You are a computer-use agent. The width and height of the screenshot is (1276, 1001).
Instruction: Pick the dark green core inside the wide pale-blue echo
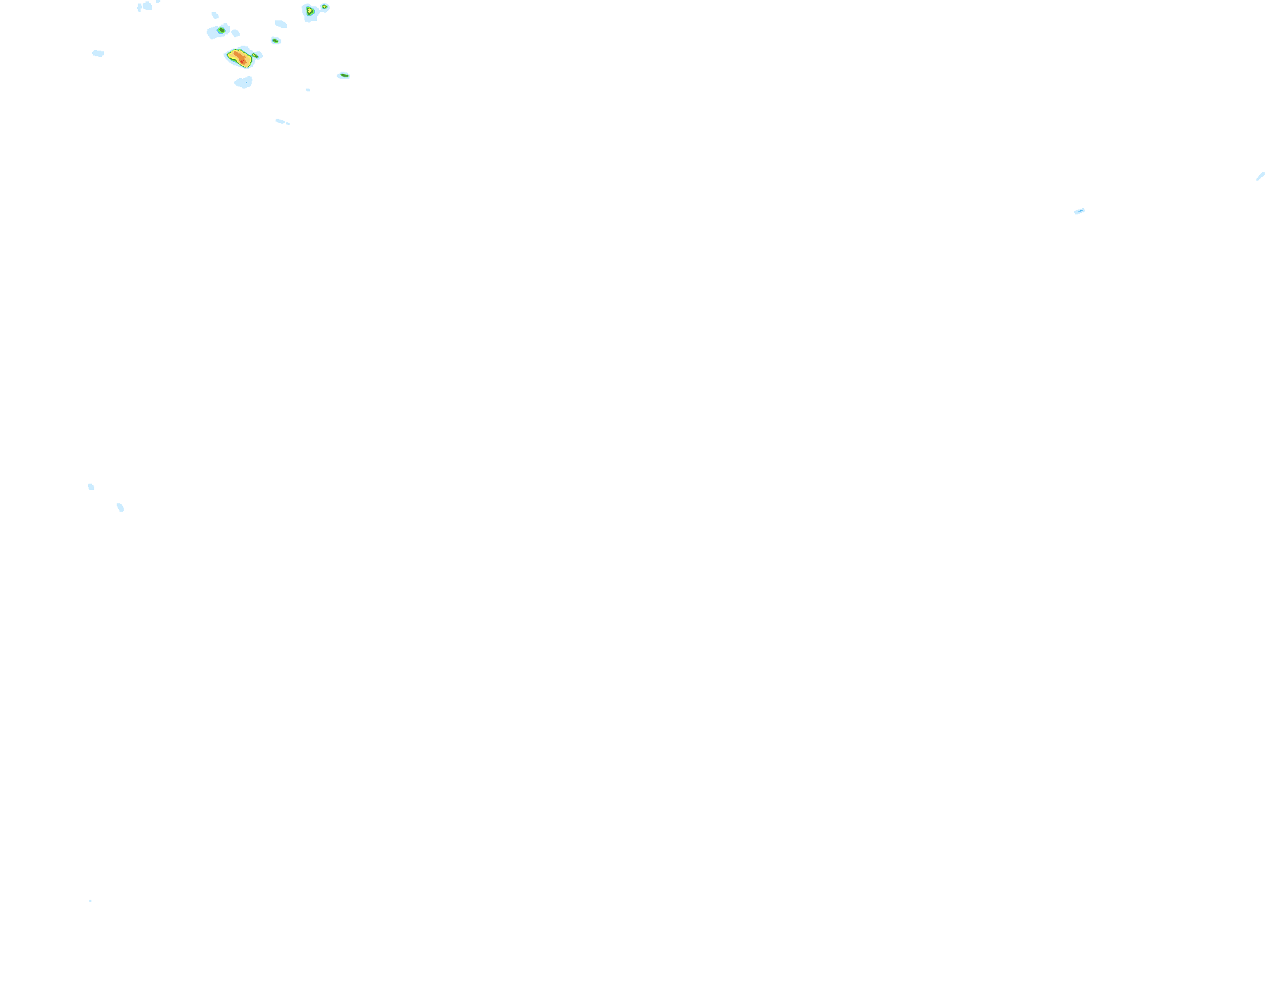(x=221, y=30)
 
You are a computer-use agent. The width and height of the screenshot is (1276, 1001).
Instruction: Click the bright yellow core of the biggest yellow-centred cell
(x=309, y=11)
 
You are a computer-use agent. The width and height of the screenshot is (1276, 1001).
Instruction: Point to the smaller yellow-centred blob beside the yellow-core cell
(x=325, y=7)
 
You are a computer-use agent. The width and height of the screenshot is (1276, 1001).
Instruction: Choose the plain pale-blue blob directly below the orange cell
(x=243, y=83)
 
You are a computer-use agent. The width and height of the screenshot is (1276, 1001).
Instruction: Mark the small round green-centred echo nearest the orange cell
(x=276, y=41)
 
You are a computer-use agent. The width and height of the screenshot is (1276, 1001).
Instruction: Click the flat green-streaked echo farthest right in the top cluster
(x=344, y=75)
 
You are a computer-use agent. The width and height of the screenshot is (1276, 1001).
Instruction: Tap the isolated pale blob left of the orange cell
(x=98, y=53)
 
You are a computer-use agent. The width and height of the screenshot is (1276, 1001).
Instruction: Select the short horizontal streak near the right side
(x=1079, y=211)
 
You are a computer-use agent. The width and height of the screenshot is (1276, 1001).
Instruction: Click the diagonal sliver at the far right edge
(x=1261, y=176)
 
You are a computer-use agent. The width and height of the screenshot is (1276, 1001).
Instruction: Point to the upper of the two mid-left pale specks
(x=91, y=486)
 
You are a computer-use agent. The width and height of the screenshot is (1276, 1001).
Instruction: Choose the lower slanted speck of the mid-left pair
(x=120, y=508)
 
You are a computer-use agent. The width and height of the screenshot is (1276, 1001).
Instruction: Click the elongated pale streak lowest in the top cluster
(x=281, y=122)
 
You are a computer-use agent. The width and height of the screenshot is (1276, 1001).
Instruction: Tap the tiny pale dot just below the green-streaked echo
(x=308, y=90)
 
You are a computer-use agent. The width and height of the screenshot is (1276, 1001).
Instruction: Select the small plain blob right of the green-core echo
(x=236, y=33)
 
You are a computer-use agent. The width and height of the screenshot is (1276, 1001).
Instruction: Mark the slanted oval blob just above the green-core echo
(x=215, y=15)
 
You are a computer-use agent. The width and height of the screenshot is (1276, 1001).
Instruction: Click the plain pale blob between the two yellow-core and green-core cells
(x=281, y=24)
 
